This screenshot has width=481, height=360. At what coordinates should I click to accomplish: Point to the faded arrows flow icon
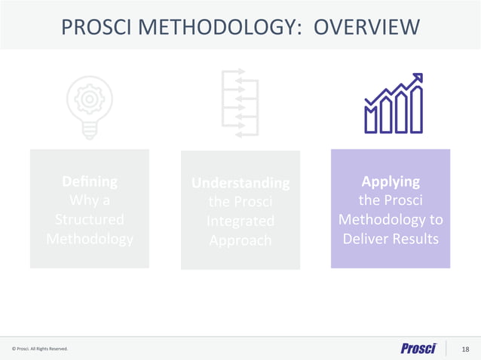click(x=240, y=104)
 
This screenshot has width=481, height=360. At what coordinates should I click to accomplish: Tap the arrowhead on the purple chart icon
click(x=418, y=78)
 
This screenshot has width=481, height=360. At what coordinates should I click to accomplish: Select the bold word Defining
click(x=90, y=182)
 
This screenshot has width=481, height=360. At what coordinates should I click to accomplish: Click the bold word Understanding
click(x=240, y=183)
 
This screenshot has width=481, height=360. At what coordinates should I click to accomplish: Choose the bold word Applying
click(x=391, y=182)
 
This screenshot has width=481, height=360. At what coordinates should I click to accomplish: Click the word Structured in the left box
click(x=90, y=220)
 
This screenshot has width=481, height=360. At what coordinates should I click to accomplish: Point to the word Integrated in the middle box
click(x=240, y=221)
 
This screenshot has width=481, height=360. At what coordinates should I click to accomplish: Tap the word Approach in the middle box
click(x=240, y=241)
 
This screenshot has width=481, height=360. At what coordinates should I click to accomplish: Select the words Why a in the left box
click(x=90, y=201)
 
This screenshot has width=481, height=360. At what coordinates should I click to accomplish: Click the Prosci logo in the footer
click(x=420, y=348)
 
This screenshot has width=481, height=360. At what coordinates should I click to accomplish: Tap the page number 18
click(x=465, y=349)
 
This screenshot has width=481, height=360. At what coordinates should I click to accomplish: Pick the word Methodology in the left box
click(x=90, y=239)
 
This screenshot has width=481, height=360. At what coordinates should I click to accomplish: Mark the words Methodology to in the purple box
click(x=391, y=221)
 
